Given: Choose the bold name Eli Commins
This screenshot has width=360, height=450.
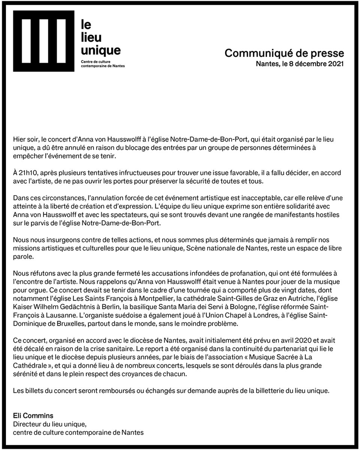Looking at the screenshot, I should click(33, 415).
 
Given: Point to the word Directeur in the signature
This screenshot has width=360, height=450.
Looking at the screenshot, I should click(28, 424).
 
